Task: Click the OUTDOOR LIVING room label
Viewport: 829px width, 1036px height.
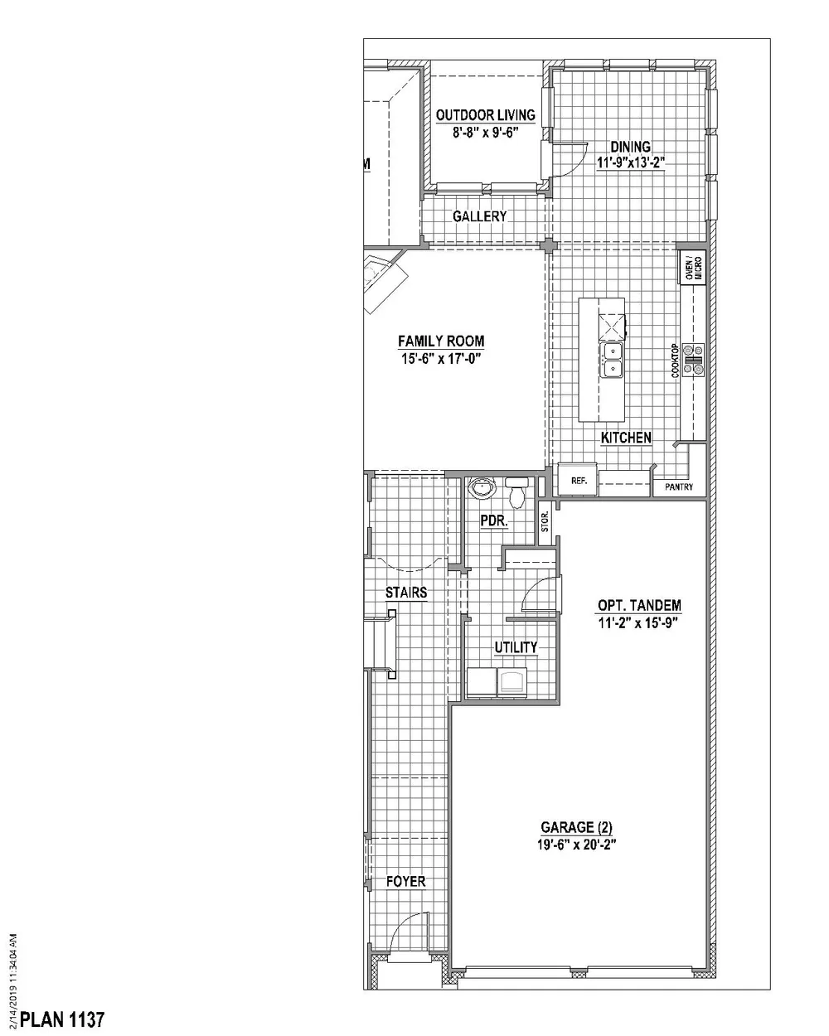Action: click(485, 115)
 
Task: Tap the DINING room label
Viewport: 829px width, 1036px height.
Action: click(630, 147)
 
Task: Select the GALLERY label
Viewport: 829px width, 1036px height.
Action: click(479, 216)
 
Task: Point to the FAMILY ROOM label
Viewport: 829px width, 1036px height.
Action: click(440, 341)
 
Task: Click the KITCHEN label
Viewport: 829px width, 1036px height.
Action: click(626, 438)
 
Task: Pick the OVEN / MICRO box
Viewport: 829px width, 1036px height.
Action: click(691, 268)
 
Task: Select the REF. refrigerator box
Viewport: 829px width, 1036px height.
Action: click(578, 480)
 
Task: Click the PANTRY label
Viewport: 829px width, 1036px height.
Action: click(679, 487)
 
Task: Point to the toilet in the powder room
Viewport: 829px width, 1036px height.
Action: click(517, 493)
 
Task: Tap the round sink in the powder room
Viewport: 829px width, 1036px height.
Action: click(480, 487)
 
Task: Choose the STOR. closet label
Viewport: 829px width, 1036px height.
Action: click(545, 521)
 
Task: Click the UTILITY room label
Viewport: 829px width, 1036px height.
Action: click(516, 647)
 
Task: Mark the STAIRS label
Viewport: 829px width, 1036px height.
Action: click(406, 592)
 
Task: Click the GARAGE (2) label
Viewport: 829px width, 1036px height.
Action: click(578, 827)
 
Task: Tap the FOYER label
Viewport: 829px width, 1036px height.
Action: click(406, 881)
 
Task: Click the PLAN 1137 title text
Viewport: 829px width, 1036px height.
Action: click(62, 1019)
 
